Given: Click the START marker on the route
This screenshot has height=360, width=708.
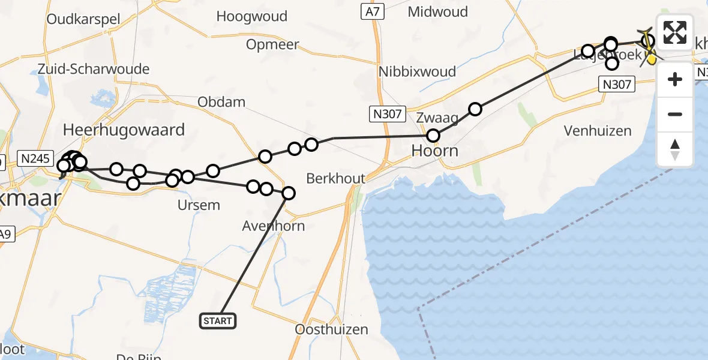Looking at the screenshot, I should click(218, 321).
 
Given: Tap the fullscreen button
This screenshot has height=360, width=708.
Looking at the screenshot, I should click(675, 32).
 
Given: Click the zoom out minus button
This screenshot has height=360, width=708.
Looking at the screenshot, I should click(675, 114).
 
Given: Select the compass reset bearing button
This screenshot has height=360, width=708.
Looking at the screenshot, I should click(675, 149).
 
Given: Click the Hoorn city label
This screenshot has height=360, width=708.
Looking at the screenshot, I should click(436, 151).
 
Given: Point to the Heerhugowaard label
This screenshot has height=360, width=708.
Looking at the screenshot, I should click(124, 130).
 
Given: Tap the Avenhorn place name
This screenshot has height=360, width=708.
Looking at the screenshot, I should click(274, 226).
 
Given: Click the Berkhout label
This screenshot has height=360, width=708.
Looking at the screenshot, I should click(335, 178).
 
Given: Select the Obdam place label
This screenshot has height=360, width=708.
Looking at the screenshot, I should click(222, 102).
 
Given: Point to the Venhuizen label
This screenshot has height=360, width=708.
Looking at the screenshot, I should click(598, 131).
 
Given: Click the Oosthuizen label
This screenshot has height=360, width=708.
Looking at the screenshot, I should click(332, 329).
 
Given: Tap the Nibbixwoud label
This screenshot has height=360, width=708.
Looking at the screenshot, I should click(418, 71).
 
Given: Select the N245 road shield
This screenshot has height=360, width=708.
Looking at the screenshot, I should click(35, 158).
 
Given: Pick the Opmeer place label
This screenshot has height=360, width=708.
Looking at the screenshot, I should click(272, 45).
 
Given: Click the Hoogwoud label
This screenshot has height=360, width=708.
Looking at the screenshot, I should click(252, 17).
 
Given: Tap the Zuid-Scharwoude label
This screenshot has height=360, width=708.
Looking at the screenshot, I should click(93, 69).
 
